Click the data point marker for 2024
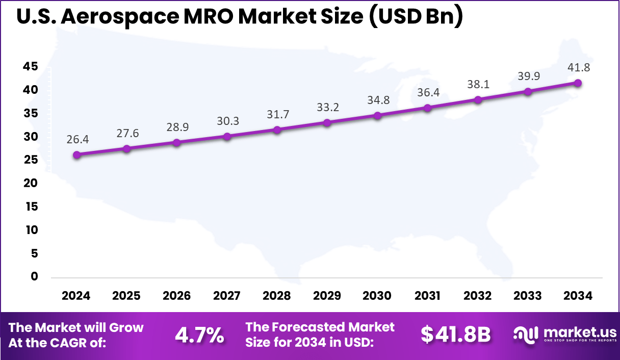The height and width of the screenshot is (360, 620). point(76,155)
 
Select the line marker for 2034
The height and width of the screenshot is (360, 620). point(578,83)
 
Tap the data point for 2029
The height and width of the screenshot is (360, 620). point(327,122)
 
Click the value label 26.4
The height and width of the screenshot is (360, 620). point(76,139)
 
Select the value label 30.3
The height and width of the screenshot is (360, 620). point(227,121)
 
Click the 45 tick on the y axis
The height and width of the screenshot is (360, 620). point(30,67)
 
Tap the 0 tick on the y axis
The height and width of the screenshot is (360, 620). point(34,276)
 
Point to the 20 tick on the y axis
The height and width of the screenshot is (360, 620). point(30,183)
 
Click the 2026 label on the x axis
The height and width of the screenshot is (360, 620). point(176,296)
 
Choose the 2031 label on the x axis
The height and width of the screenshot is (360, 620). point(427,296)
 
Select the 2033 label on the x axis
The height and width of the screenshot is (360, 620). point(528,296)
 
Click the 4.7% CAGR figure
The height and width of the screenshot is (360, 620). point(199,335)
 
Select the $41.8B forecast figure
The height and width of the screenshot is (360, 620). point(455,335)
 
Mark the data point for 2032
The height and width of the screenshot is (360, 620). point(478,99)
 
